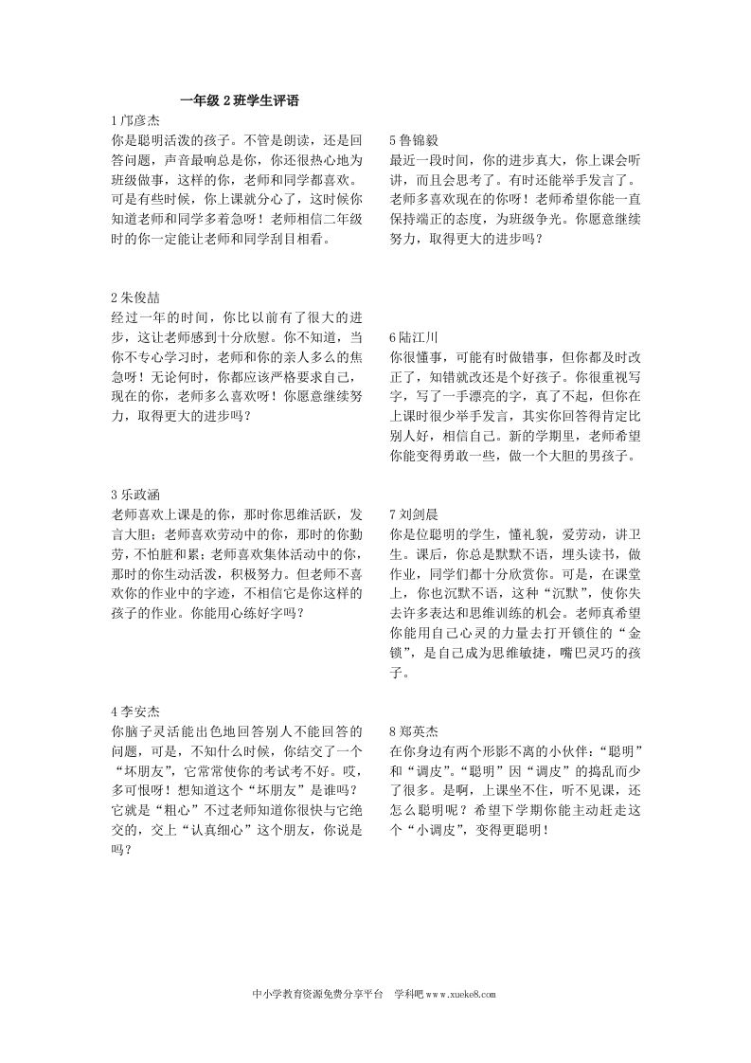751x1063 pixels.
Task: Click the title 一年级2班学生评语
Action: click(x=239, y=100)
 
